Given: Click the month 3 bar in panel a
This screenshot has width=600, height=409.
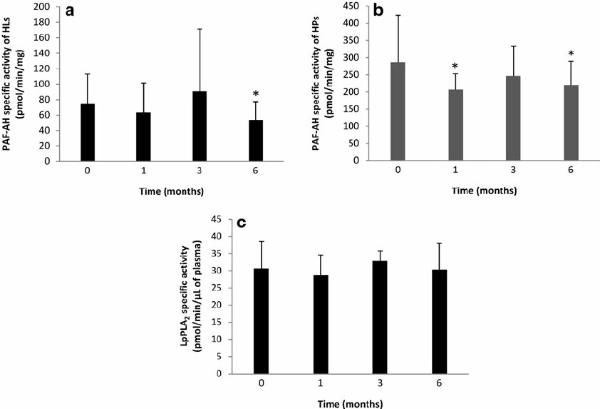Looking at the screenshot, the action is [200, 126].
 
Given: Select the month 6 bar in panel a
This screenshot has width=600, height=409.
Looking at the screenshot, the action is [256, 141].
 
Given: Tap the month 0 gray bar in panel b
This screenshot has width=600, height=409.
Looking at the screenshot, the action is [398, 111].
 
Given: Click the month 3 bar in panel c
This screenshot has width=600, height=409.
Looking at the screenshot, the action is [380, 318].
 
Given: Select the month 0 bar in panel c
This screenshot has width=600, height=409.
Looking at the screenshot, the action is [262, 321].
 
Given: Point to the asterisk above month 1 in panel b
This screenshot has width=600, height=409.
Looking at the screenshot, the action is [455, 66].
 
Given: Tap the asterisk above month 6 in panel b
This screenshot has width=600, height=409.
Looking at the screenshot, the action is [571, 54].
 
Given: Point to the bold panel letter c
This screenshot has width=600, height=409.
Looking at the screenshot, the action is [242, 223].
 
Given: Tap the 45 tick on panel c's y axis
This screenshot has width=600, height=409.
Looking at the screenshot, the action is [217, 219].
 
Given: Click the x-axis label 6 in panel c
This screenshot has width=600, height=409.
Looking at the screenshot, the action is [439, 383].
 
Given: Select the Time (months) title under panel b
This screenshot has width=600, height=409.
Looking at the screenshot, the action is [484, 191].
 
